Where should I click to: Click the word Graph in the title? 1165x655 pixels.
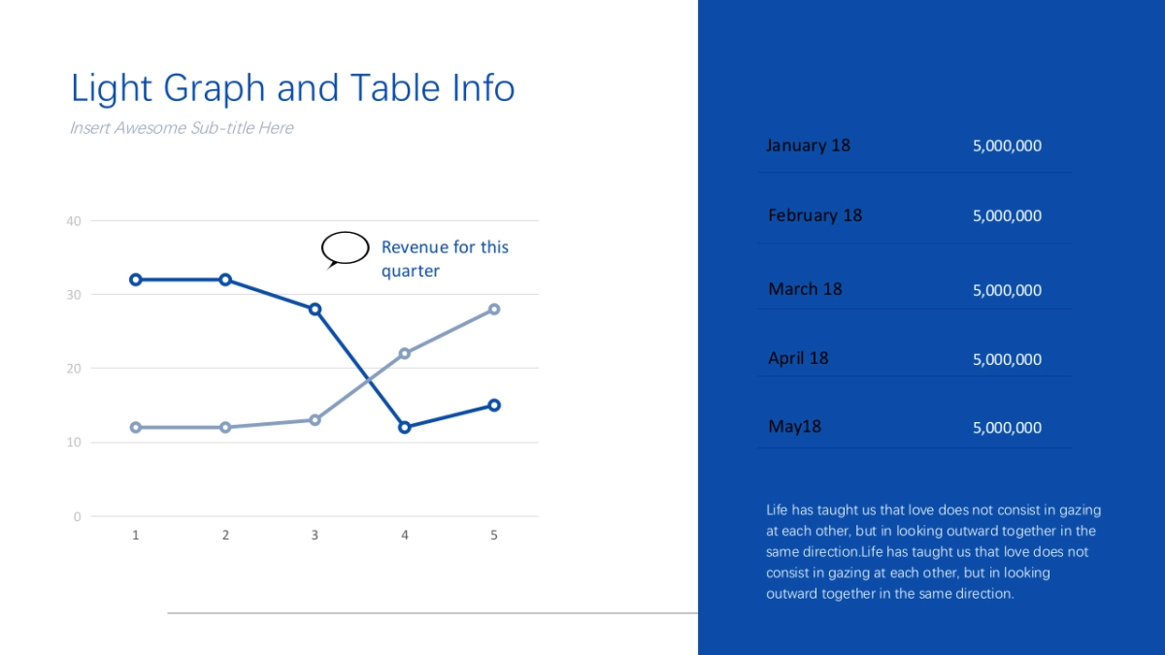[x=215, y=88]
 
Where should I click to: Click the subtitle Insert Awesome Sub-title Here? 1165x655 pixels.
[x=182, y=128]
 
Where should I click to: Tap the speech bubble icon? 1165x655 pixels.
[x=345, y=249]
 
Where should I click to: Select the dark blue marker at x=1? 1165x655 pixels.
[x=136, y=279]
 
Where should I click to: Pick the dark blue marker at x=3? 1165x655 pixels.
[x=315, y=310]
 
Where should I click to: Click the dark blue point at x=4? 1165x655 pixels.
[x=405, y=427]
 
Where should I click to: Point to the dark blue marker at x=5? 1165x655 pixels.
[x=494, y=405]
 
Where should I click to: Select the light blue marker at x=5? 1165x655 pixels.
[x=494, y=310]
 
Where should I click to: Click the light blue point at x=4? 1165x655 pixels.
[x=405, y=353]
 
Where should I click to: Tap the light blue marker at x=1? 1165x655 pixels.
[x=136, y=427]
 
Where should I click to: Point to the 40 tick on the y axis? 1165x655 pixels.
[x=74, y=221]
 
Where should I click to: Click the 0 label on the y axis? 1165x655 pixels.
[x=77, y=516]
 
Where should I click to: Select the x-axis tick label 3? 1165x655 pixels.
[x=315, y=535]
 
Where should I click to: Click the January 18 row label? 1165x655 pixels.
[x=808, y=146]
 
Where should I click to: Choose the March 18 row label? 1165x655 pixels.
[x=805, y=289]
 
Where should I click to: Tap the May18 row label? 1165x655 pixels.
[x=795, y=427]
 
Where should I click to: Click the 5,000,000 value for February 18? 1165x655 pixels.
[x=1007, y=216]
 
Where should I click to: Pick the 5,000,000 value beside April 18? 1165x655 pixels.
[x=1007, y=360]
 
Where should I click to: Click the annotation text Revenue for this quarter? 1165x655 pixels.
[x=445, y=259]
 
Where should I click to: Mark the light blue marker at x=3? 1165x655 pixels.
[x=315, y=420]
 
